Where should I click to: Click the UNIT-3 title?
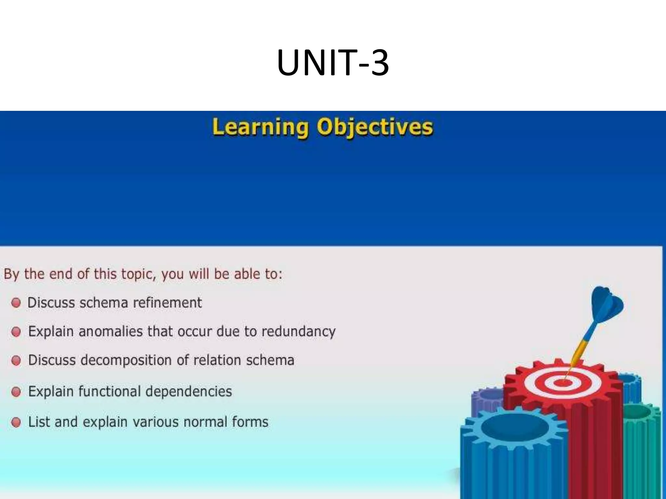[x=333, y=63]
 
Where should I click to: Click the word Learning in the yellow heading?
[x=260, y=127]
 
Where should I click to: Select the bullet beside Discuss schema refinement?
[x=16, y=303]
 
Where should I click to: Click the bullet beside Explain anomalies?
[x=16, y=332]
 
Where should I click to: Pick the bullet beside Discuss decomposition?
[x=16, y=361]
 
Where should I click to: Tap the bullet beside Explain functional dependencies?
[x=16, y=392]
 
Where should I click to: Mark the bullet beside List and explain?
[x=16, y=422]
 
